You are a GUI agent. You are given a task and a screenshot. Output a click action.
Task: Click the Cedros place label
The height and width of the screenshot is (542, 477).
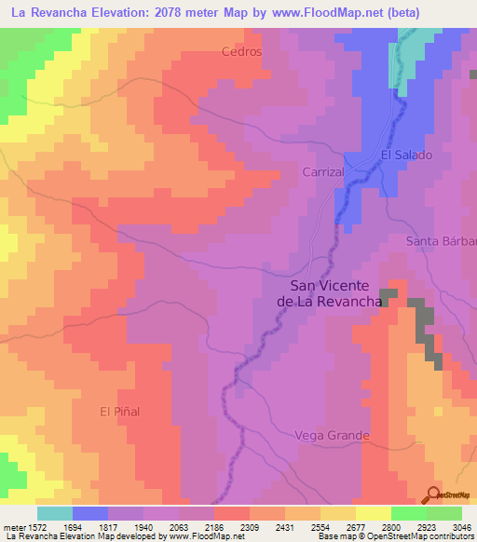point(241,52)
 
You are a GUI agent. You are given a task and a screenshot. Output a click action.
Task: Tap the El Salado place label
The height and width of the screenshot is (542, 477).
point(406,155)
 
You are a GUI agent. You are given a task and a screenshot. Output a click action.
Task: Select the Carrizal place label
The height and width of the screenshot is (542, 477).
point(323,172)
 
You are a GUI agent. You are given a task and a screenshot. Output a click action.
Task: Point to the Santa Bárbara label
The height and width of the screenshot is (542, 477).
point(441,241)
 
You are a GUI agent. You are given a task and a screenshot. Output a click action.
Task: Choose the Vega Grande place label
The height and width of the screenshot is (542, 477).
point(332,435)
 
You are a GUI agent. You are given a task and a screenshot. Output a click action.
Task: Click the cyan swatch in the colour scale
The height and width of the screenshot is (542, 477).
point(55,513)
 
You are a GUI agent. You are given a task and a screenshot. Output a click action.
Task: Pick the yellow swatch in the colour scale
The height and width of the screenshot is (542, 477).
point(373,513)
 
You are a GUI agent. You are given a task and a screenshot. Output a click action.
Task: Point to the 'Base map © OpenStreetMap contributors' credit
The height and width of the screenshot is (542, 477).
point(395,537)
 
